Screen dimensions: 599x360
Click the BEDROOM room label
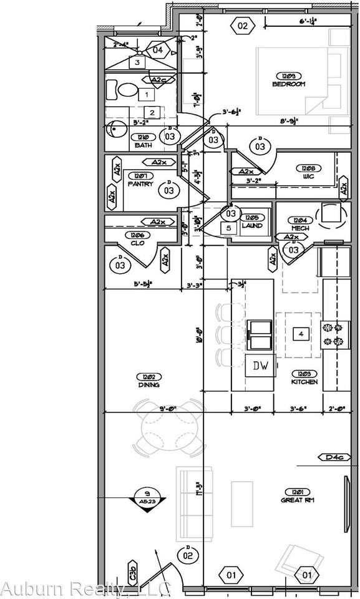(288, 84)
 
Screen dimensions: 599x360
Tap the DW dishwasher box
(260, 367)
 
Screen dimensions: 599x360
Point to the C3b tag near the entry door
(133, 570)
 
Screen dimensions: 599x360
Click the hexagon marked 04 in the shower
(158, 50)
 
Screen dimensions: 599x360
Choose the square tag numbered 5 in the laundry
(228, 228)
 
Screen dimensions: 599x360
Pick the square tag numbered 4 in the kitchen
(301, 334)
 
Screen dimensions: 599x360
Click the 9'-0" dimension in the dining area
(168, 409)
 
